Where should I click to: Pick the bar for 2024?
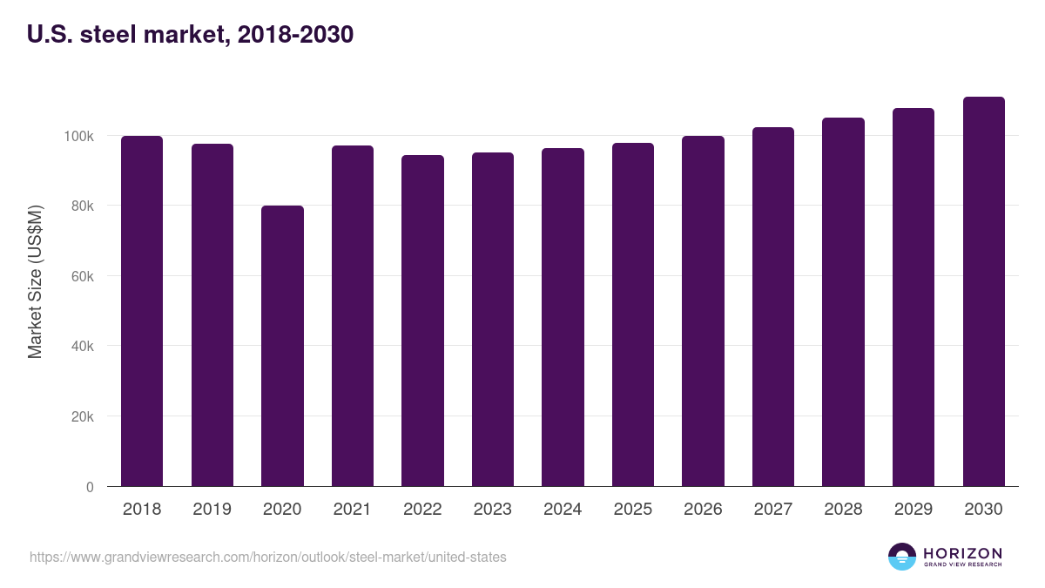pyautogui.click(x=563, y=317)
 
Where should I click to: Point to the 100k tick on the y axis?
pyautogui.click(x=78, y=136)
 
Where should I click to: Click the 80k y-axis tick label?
pyautogui.click(x=82, y=206)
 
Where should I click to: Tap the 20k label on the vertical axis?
pyautogui.click(x=82, y=417)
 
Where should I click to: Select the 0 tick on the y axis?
pyautogui.click(x=90, y=487)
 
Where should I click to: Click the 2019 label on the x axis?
pyautogui.click(x=212, y=510)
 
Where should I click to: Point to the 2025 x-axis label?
pyautogui.click(x=632, y=510)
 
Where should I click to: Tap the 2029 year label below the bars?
pyautogui.click(x=913, y=510)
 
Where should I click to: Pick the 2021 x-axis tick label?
pyautogui.click(x=352, y=510)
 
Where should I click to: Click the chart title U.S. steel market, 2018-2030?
pyautogui.click(x=190, y=35)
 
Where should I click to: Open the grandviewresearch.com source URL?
pyautogui.click(x=267, y=557)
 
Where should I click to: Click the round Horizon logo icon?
pyautogui.click(x=901, y=557)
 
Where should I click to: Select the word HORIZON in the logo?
pyautogui.click(x=962, y=552)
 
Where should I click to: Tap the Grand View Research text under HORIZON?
pyautogui.click(x=962, y=565)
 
